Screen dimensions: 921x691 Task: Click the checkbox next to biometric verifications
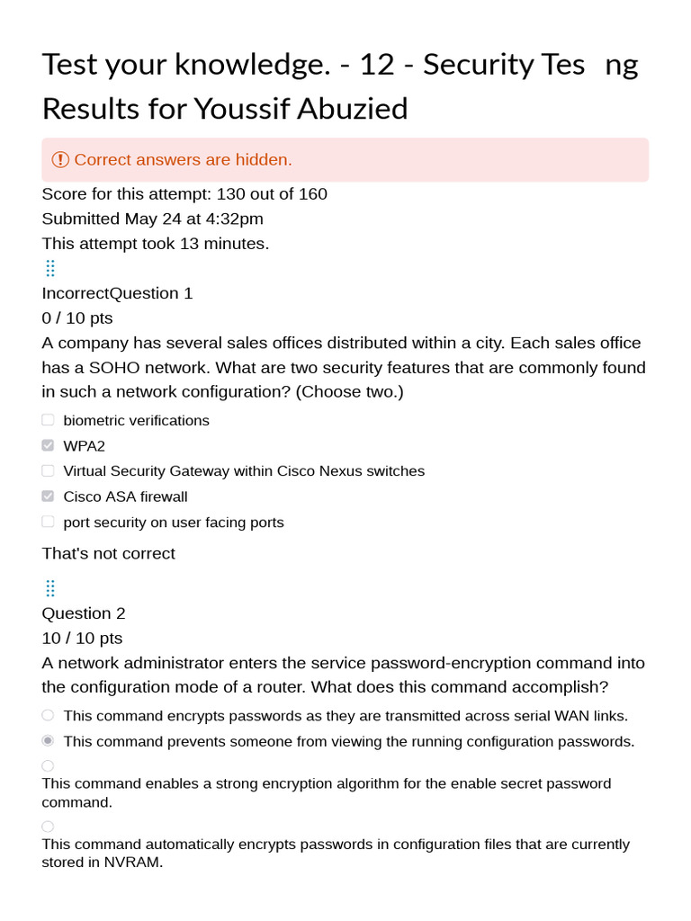[48, 420]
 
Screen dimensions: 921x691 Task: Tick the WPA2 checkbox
[48, 445]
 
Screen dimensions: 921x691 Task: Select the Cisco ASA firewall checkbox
[48, 496]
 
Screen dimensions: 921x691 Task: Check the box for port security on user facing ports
[48, 522]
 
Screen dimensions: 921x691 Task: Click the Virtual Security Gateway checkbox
[48, 470]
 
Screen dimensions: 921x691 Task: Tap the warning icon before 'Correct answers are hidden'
[60, 160]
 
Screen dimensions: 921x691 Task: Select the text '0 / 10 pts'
[77, 318]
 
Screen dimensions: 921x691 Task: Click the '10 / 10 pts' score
[82, 639]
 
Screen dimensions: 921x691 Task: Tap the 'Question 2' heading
[84, 613]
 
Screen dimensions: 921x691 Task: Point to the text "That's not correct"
[109, 553]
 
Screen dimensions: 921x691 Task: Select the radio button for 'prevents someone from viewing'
[48, 741]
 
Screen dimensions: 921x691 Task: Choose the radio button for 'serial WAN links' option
[48, 715]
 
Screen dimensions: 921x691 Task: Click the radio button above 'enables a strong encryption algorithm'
[48, 765]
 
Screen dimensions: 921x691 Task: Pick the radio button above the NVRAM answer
[48, 827]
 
